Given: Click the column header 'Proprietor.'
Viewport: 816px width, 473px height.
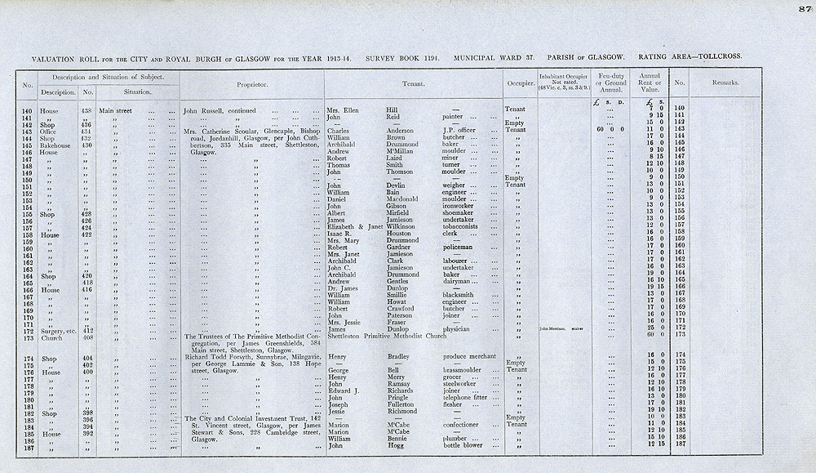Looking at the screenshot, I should click(252, 84).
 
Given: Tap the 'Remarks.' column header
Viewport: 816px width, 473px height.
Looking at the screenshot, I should click(725, 83).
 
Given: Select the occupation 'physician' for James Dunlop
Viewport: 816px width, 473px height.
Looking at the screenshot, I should click(461, 328).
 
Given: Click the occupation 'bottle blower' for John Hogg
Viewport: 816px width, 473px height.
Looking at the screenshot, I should click(463, 446).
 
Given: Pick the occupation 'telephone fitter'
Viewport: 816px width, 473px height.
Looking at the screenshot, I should click(469, 396).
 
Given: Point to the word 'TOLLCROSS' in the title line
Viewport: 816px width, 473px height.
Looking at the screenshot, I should click(716, 57).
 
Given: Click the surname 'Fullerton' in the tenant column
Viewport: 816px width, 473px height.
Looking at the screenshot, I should click(406, 404).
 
